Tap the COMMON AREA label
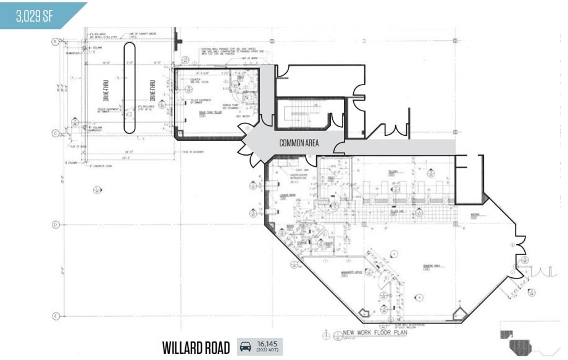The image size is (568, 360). (x=299, y=143)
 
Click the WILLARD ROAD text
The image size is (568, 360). (x=196, y=347)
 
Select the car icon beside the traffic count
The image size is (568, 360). (x=245, y=347)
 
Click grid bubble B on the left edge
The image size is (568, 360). (x=55, y=41)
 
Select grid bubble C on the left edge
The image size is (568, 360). (x=55, y=133)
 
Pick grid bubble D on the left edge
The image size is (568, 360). (x=55, y=224)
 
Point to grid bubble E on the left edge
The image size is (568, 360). (x=55, y=316)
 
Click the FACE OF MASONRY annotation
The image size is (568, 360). (x=193, y=152)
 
